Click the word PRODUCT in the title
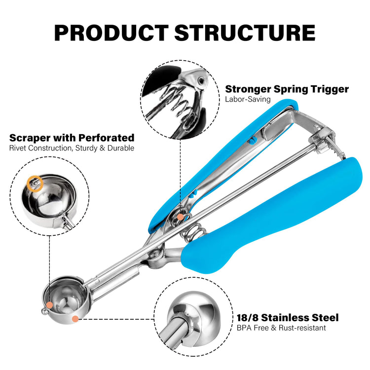[x=111, y=33]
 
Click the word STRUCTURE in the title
[x=245, y=33]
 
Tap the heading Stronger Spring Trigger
[x=287, y=89]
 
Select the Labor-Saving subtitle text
[x=248, y=99]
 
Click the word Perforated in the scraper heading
[x=107, y=138]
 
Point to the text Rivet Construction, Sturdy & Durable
[x=72, y=148]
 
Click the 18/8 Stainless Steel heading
[x=288, y=318]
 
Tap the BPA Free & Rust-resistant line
[x=281, y=328]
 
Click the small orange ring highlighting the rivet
[x=35, y=184]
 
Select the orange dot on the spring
[x=180, y=217]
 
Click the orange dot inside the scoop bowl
[x=49, y=305]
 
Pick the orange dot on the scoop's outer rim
[x=75, y=319]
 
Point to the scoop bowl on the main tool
[x=66, y=300]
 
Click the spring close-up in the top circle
[x=180, y=99]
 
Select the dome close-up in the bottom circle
[x=193, y=317]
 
